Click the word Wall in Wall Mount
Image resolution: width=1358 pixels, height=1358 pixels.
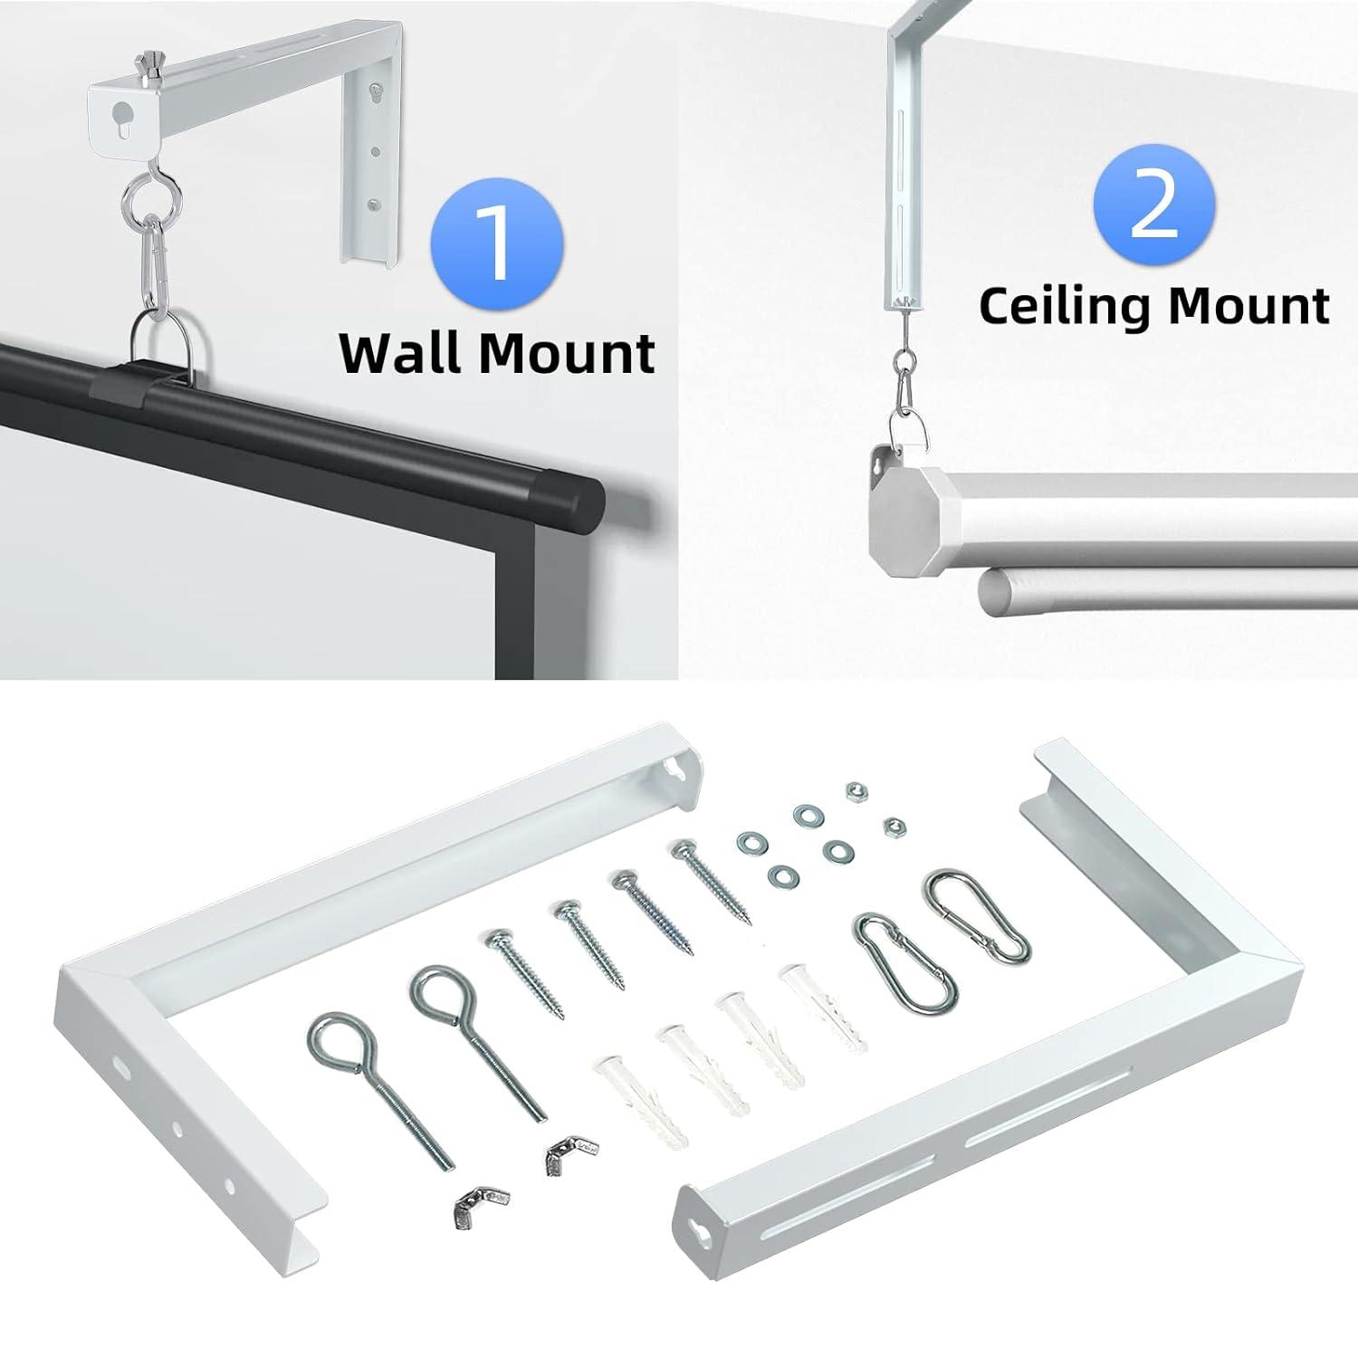pos(403,353)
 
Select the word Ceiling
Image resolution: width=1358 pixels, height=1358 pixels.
pos(1066,306)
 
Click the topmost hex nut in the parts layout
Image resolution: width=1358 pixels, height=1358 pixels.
pos(853,791)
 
